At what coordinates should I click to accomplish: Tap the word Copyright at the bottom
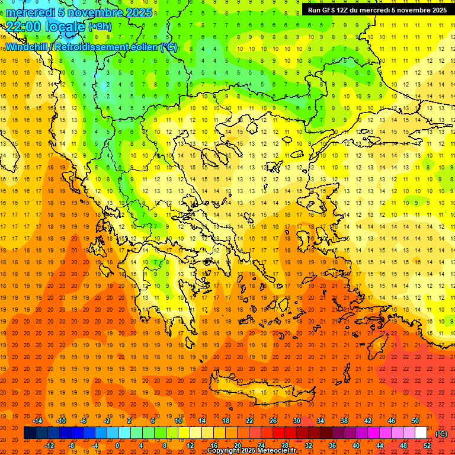(227, 451)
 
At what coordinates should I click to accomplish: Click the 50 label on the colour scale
(415, 421)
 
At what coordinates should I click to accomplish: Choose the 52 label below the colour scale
(427, 445)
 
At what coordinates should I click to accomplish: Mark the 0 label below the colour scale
(117, 445)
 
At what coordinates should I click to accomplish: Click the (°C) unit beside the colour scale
(441, 433)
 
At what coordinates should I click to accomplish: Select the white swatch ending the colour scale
(421, 433)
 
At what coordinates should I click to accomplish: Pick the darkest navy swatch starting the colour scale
(30, 433)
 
